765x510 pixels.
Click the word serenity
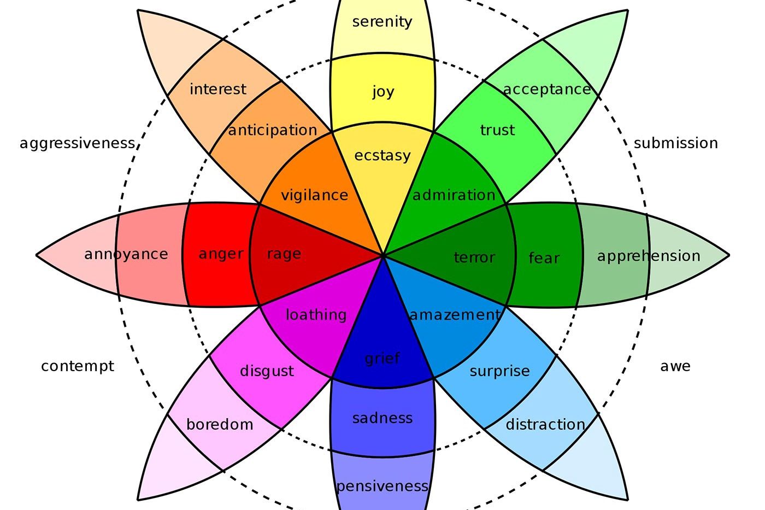(382, 22)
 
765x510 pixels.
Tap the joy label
(383, 92)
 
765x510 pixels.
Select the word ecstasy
(382, 156)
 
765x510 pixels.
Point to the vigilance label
(314, 195)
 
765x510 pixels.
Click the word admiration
(454, 195)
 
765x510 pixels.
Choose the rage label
(284, 254)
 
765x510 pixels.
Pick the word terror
(474, 257)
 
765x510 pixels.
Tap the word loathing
(316, 315)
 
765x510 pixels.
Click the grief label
(382, 359)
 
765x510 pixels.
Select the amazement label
(455, 315)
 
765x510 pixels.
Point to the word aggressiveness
(78, 143)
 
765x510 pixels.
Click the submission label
(676, 143)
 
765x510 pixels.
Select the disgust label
(267, 371)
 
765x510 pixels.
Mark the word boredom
(220, 425)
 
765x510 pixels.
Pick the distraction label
(545, 425)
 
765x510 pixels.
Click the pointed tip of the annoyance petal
(37, 255)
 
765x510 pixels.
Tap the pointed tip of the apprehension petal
(729, 255)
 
